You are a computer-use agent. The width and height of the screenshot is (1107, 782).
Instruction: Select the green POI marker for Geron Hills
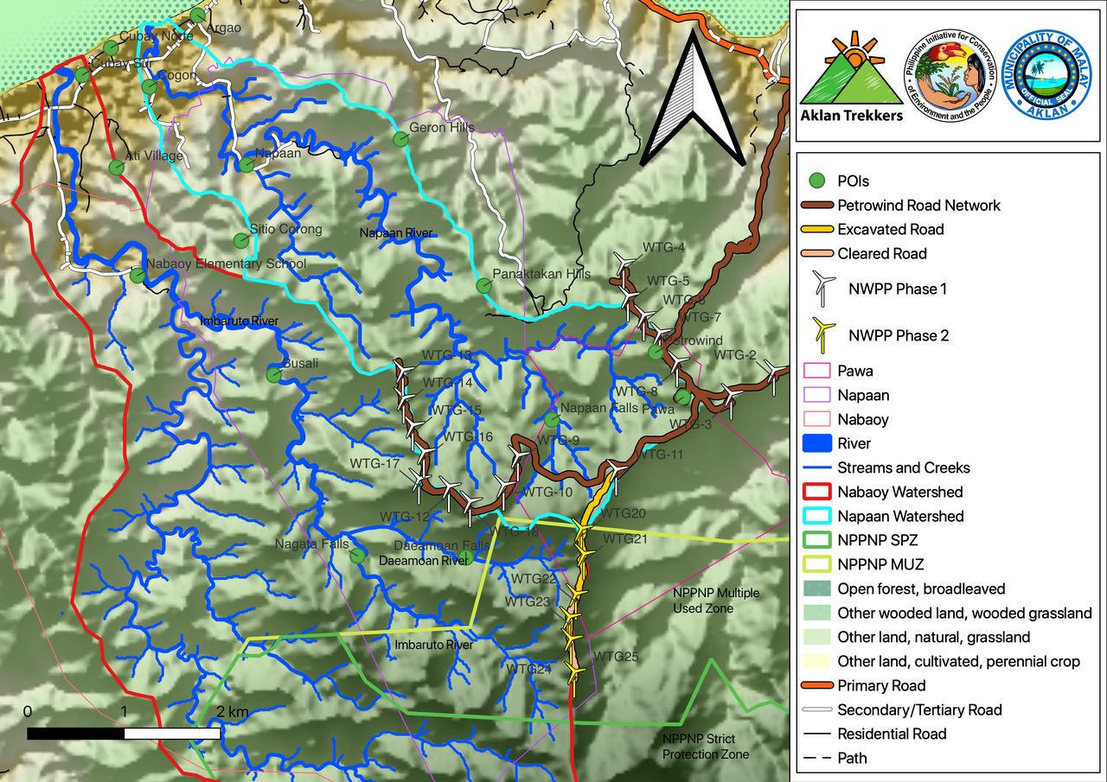pyautogui.click(x=400, y=138)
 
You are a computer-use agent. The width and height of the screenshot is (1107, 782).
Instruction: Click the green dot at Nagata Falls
pyautogui.click(x=357, y=555)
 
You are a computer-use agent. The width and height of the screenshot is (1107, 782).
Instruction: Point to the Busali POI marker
pyautogui.click(x=274, y=375)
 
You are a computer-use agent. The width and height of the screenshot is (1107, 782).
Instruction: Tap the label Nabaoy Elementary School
pyautogui.click(x=226, y=264)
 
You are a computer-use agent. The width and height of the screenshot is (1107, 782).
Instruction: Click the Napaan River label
pyautogui.click(x=394, y=233)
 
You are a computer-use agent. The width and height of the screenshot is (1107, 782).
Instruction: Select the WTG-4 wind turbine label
pyautogui.click(x=663, y=248)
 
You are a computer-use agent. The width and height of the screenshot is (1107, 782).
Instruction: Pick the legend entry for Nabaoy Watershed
pyautogui.click(x=899, y=492)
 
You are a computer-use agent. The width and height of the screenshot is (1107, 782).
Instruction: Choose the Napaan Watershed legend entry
pyautogui.click(x=900, y=516)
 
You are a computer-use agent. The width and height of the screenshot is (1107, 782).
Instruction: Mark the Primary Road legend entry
pyautogui.click(x=881, y=685)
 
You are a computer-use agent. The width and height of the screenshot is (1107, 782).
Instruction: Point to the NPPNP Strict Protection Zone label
pyautogui.click(x=705, y=747)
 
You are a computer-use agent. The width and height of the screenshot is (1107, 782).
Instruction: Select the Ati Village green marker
pyautogui.click(x=116, y=167)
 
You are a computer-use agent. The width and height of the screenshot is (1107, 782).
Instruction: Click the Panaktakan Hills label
pyautogui.click(x=541, y=275)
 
